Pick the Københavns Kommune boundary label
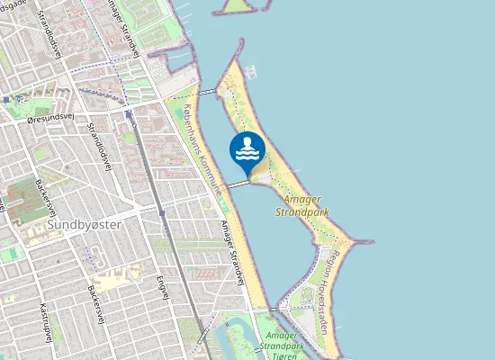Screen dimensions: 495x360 coord(205,148)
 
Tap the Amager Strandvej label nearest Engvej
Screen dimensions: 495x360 coord(233,254)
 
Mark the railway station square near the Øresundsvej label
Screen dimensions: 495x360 coord(130,113)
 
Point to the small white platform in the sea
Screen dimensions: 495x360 coord(250,70)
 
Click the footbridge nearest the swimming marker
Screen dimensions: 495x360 coord(237,184)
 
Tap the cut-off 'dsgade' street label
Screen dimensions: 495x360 coord(14,4)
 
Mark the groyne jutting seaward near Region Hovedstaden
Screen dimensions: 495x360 coord(360,241)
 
